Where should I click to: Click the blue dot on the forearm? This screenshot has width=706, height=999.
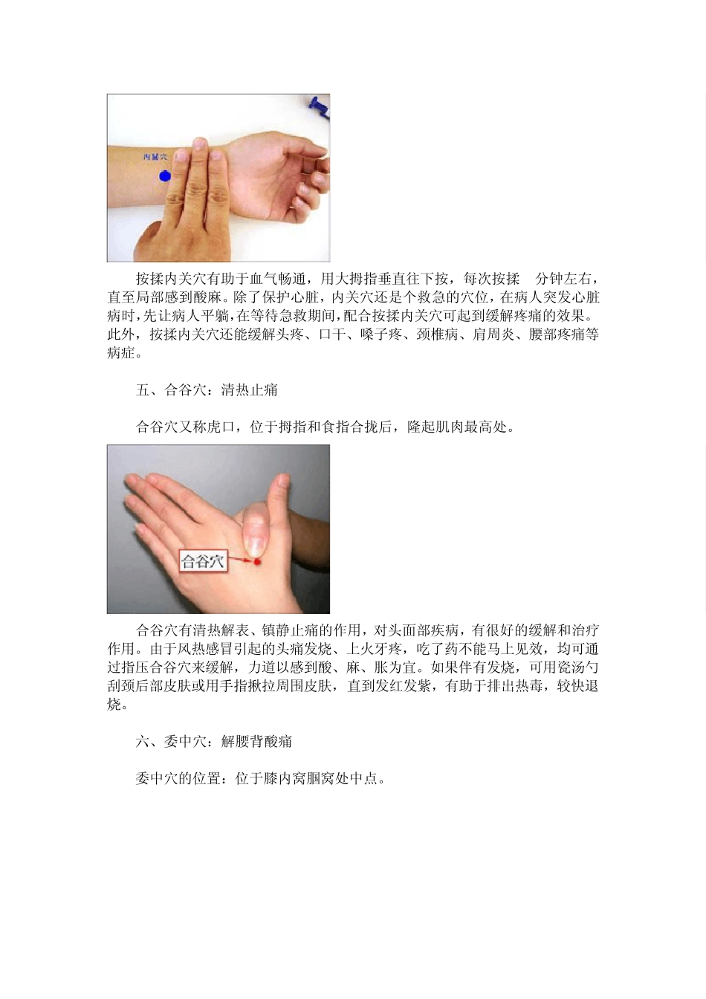pyautogui.click(x=165, y=176)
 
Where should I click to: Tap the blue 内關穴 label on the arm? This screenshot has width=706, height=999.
pyautogui.click(x=155, y=158)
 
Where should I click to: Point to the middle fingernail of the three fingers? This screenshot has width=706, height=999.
pyautogui.click(x=199, y=146)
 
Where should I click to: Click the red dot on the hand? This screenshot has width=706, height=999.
pyautogui.click(x=256, y=563)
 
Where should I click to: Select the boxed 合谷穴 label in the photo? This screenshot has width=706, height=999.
pyautogui.click(x=203, y=561)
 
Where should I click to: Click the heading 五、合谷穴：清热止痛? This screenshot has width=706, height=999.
pyautogui.click(x=207, y=389)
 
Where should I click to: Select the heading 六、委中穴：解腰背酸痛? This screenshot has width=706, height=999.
pyautogui.click(x=214, y=741)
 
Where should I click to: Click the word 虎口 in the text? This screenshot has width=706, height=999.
pyautogui.click(x=221, y=427)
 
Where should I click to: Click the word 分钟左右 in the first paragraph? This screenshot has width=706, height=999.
pyautogui.click(x=564, y=279)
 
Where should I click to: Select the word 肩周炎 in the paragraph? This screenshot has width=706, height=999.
pyautogui.click(x=493, y=334)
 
